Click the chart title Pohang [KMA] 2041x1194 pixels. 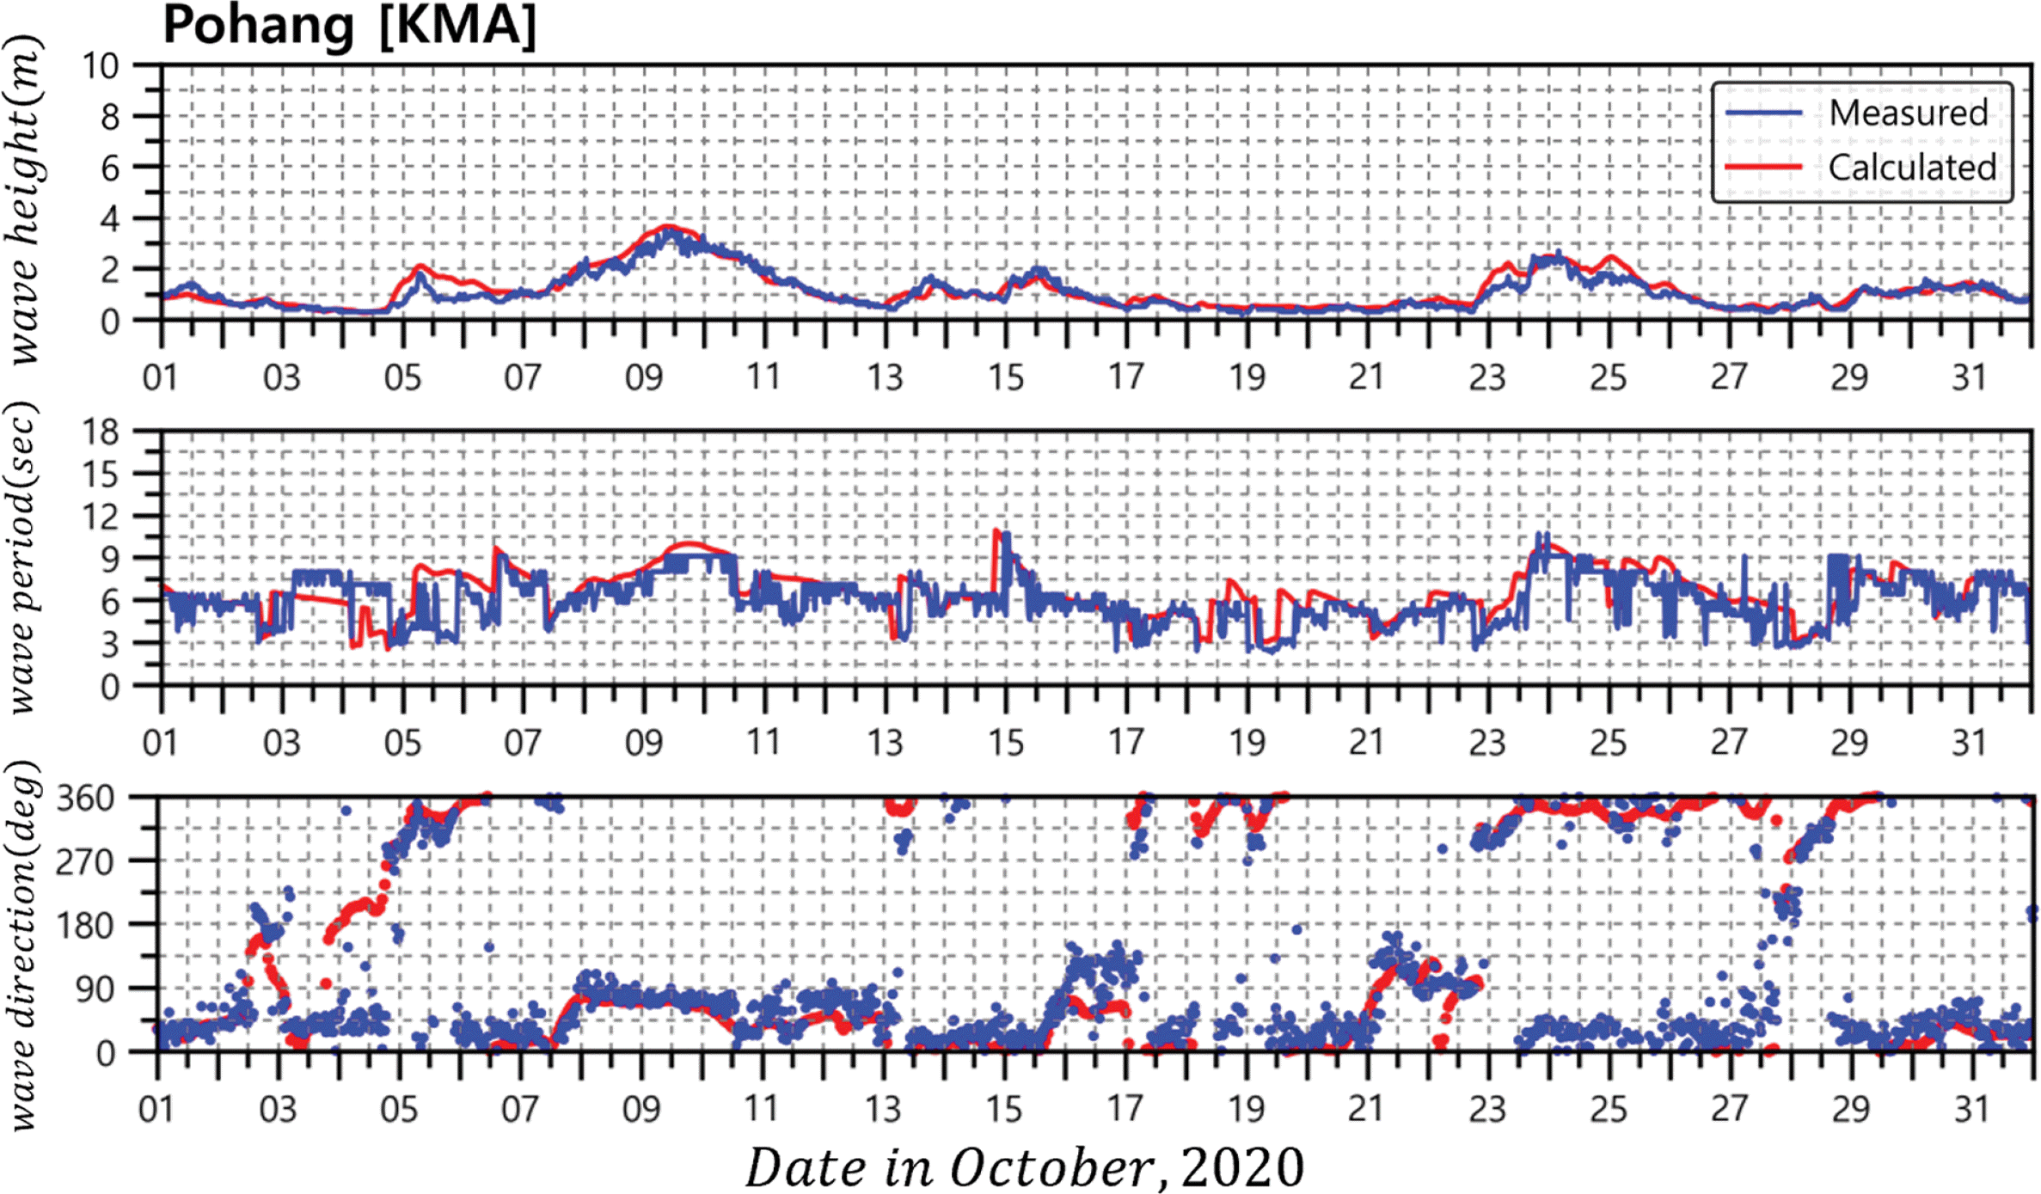coord(349,26)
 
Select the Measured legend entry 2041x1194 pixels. coord(1908,113)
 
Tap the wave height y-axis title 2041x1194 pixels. coord(24,199)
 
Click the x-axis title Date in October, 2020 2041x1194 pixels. coord(1024,1167)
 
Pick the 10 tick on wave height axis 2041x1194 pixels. coord(100,65)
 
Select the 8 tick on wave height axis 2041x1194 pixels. coord(109,116)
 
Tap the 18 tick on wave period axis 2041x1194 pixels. coord(100,431)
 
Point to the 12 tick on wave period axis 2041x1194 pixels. coord(100,516)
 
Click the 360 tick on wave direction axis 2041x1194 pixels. coord(86,799)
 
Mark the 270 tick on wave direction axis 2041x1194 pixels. coord(86,861)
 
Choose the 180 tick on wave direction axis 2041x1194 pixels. coord(86,926)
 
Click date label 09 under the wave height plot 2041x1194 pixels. coord(644,377)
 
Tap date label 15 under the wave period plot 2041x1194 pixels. coord(1006,742)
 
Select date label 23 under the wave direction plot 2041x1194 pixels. coord(1487,1109)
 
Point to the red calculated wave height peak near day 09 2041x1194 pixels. coord(669,227)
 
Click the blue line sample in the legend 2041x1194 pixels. coord(1763,113)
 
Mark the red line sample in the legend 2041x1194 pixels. coord(1763,167)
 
